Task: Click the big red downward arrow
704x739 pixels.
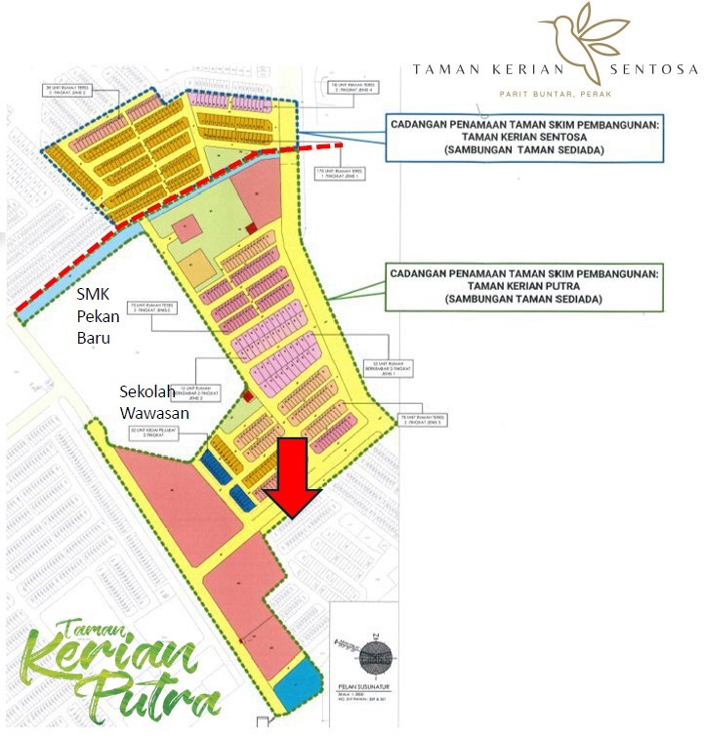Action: (x=294, y=476)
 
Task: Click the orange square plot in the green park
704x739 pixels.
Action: (x=195, y=264)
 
